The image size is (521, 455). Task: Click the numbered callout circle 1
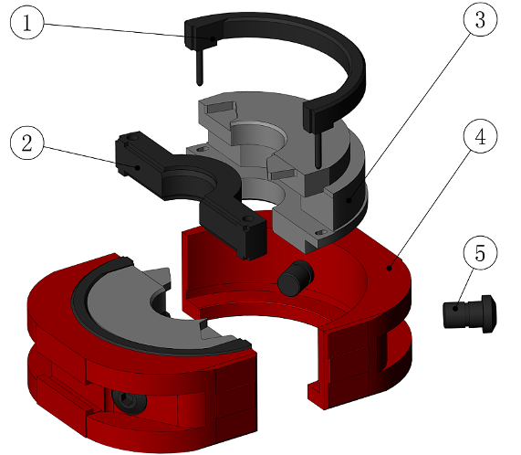pos(26,23)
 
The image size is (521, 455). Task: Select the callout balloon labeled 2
pos(26,143)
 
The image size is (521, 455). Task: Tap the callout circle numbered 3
pos(480,19)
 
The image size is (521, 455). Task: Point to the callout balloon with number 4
pos(480,136)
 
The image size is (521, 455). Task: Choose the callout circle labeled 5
pos(480,253)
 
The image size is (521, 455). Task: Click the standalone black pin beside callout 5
pos(470,312)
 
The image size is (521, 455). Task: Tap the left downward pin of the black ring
pos(199,67)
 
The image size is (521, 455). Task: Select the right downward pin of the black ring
pos(318,149)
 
